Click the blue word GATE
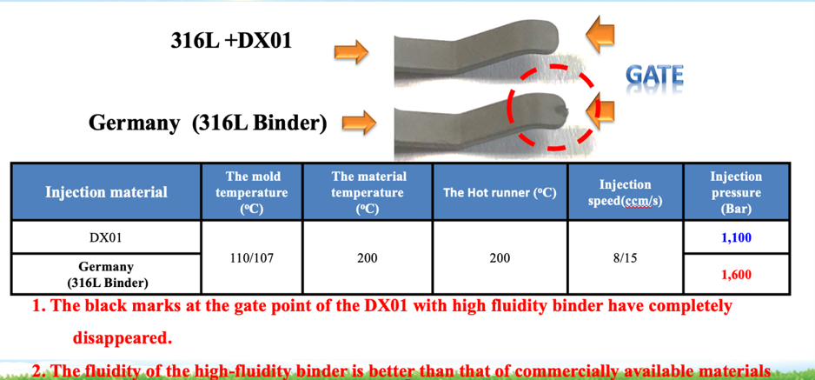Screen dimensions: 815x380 [654, 77]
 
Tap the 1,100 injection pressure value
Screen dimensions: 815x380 [736, 238]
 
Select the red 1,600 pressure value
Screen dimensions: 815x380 [736, 275]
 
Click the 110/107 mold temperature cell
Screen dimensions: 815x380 [252, 257]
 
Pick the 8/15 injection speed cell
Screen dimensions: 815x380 [626, 257]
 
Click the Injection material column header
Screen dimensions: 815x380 [107, 192]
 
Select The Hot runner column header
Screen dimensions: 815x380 [500, 192]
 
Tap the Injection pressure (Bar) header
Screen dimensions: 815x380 [736, 193]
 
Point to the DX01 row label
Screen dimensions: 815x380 [106, 237]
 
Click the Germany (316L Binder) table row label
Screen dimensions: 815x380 [106, 273]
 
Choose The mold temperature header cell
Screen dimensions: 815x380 [252, 192]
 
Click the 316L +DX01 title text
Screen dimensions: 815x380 [231, 40]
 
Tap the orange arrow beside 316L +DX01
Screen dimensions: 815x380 [351, 52]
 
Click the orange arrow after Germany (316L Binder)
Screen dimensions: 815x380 [359, 122]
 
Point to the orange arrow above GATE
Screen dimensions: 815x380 [600, 35]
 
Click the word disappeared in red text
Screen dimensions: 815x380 [122, 338]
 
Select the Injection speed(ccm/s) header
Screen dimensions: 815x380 [626, 192]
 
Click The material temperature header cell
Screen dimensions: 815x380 [368, 192]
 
